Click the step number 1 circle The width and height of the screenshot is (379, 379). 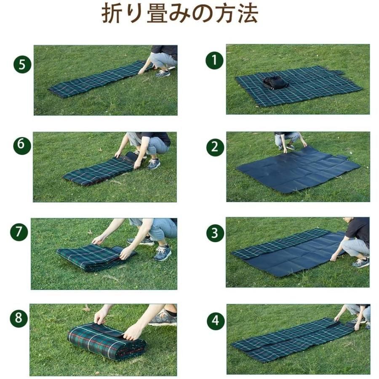[x=215, y=61]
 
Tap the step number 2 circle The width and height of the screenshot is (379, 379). [x=215, y=147]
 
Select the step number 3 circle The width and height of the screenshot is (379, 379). [x=215, y=233]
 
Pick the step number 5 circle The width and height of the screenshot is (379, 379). [x=22, y=64]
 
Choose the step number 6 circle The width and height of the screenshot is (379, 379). [x=22, y=145]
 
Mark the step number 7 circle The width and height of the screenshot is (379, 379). [x=19, y=232]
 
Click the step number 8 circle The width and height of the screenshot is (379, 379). [x=19, y=318]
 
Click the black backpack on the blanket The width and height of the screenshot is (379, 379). [x=276, y=83]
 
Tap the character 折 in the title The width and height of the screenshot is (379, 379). [x=111, y=14]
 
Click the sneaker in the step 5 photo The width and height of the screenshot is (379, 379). [x=163, y=73]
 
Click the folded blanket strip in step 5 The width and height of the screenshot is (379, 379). [x=100, y=79]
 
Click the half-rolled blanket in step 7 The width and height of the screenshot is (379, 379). [x=97, y=257]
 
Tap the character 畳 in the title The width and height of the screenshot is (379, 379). [x=156, y=14]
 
